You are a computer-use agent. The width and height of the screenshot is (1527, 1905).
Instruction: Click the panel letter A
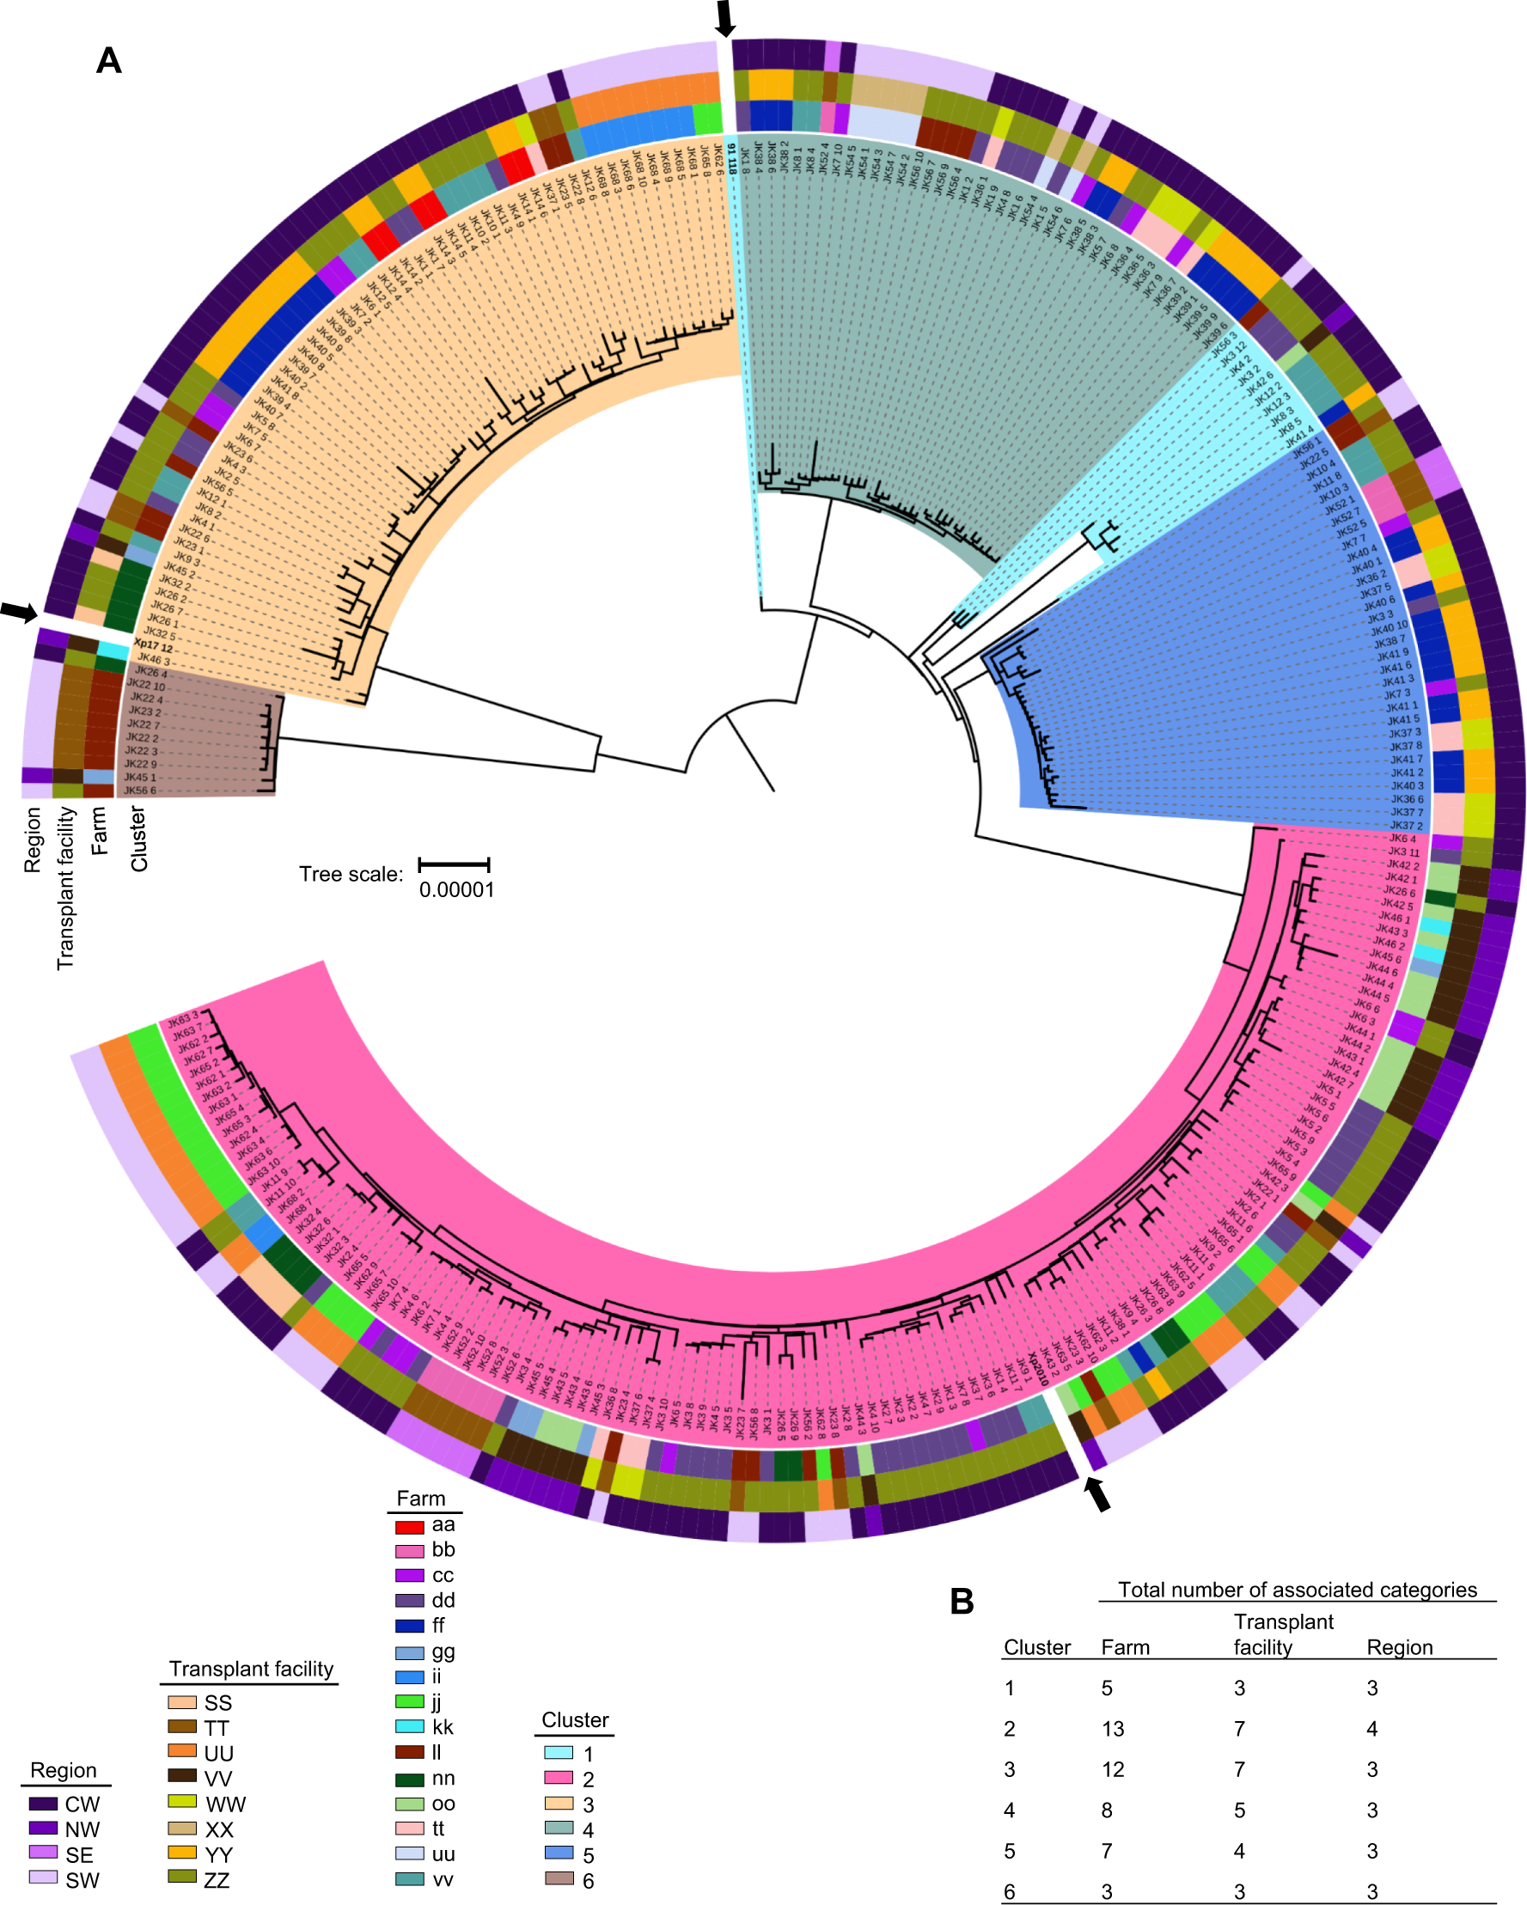[x=108, y=61]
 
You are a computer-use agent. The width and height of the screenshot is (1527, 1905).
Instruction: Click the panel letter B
[x=962, y=1601]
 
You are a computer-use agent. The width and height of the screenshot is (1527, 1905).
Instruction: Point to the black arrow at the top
[x=724, y=19]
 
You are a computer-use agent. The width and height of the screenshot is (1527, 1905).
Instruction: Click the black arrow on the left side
[x=19, y=611]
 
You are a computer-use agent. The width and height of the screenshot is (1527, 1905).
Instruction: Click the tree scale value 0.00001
[x=456, y=889]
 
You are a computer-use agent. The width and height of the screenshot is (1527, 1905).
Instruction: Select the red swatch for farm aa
[x=409, y=1526]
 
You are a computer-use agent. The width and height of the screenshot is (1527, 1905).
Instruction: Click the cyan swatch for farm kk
[x=409, y=1727]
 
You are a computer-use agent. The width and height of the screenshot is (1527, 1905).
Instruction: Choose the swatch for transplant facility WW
[x=182, y=1802]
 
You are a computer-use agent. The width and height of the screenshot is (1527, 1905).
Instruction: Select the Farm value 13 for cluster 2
[x=1113, y=1728]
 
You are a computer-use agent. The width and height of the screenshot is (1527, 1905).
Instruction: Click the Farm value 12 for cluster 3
[x=1113, y=1769]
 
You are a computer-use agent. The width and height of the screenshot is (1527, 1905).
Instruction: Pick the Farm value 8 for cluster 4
[x=1107, y=1810]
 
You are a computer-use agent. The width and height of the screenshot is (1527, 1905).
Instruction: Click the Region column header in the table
[x=1399, y=1647]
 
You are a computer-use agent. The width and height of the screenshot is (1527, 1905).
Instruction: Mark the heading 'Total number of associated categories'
[x=1297, y=1590]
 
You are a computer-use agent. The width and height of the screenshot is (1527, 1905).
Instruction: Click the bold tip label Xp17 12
[x=153, y=646]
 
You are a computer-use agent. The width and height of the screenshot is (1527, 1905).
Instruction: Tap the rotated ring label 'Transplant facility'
[x=65, y=887]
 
